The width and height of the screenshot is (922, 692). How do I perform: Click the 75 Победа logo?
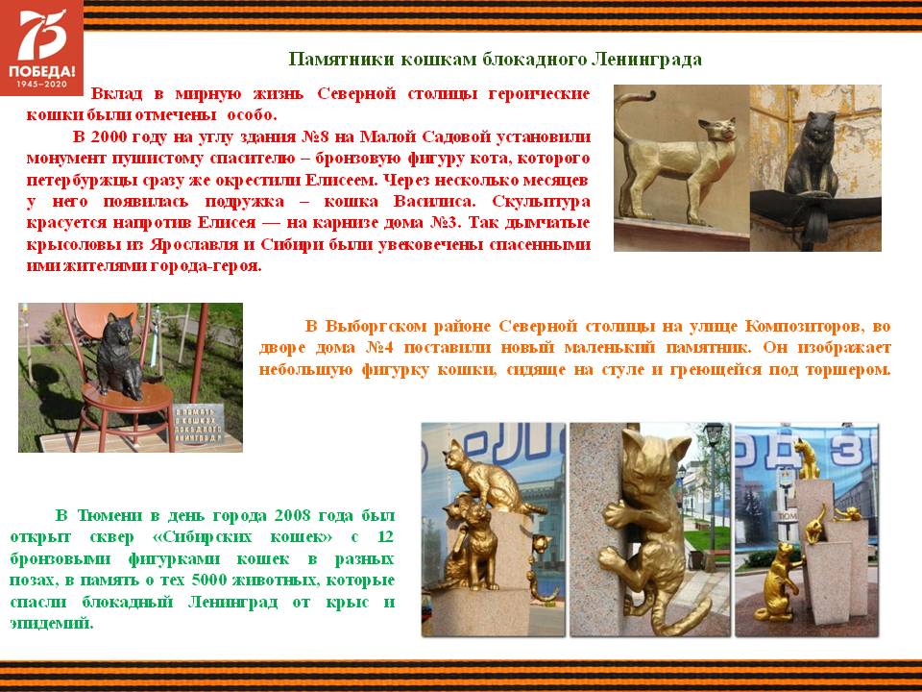(41, 47)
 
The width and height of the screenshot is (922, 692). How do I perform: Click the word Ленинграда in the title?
(646, 60)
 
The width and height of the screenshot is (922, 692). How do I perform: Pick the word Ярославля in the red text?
(193, 243)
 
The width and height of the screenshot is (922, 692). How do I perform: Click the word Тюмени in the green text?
(110, 515)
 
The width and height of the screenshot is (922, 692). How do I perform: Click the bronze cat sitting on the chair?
(119, 356)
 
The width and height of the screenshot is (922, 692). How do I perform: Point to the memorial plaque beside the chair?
(198, 424)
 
